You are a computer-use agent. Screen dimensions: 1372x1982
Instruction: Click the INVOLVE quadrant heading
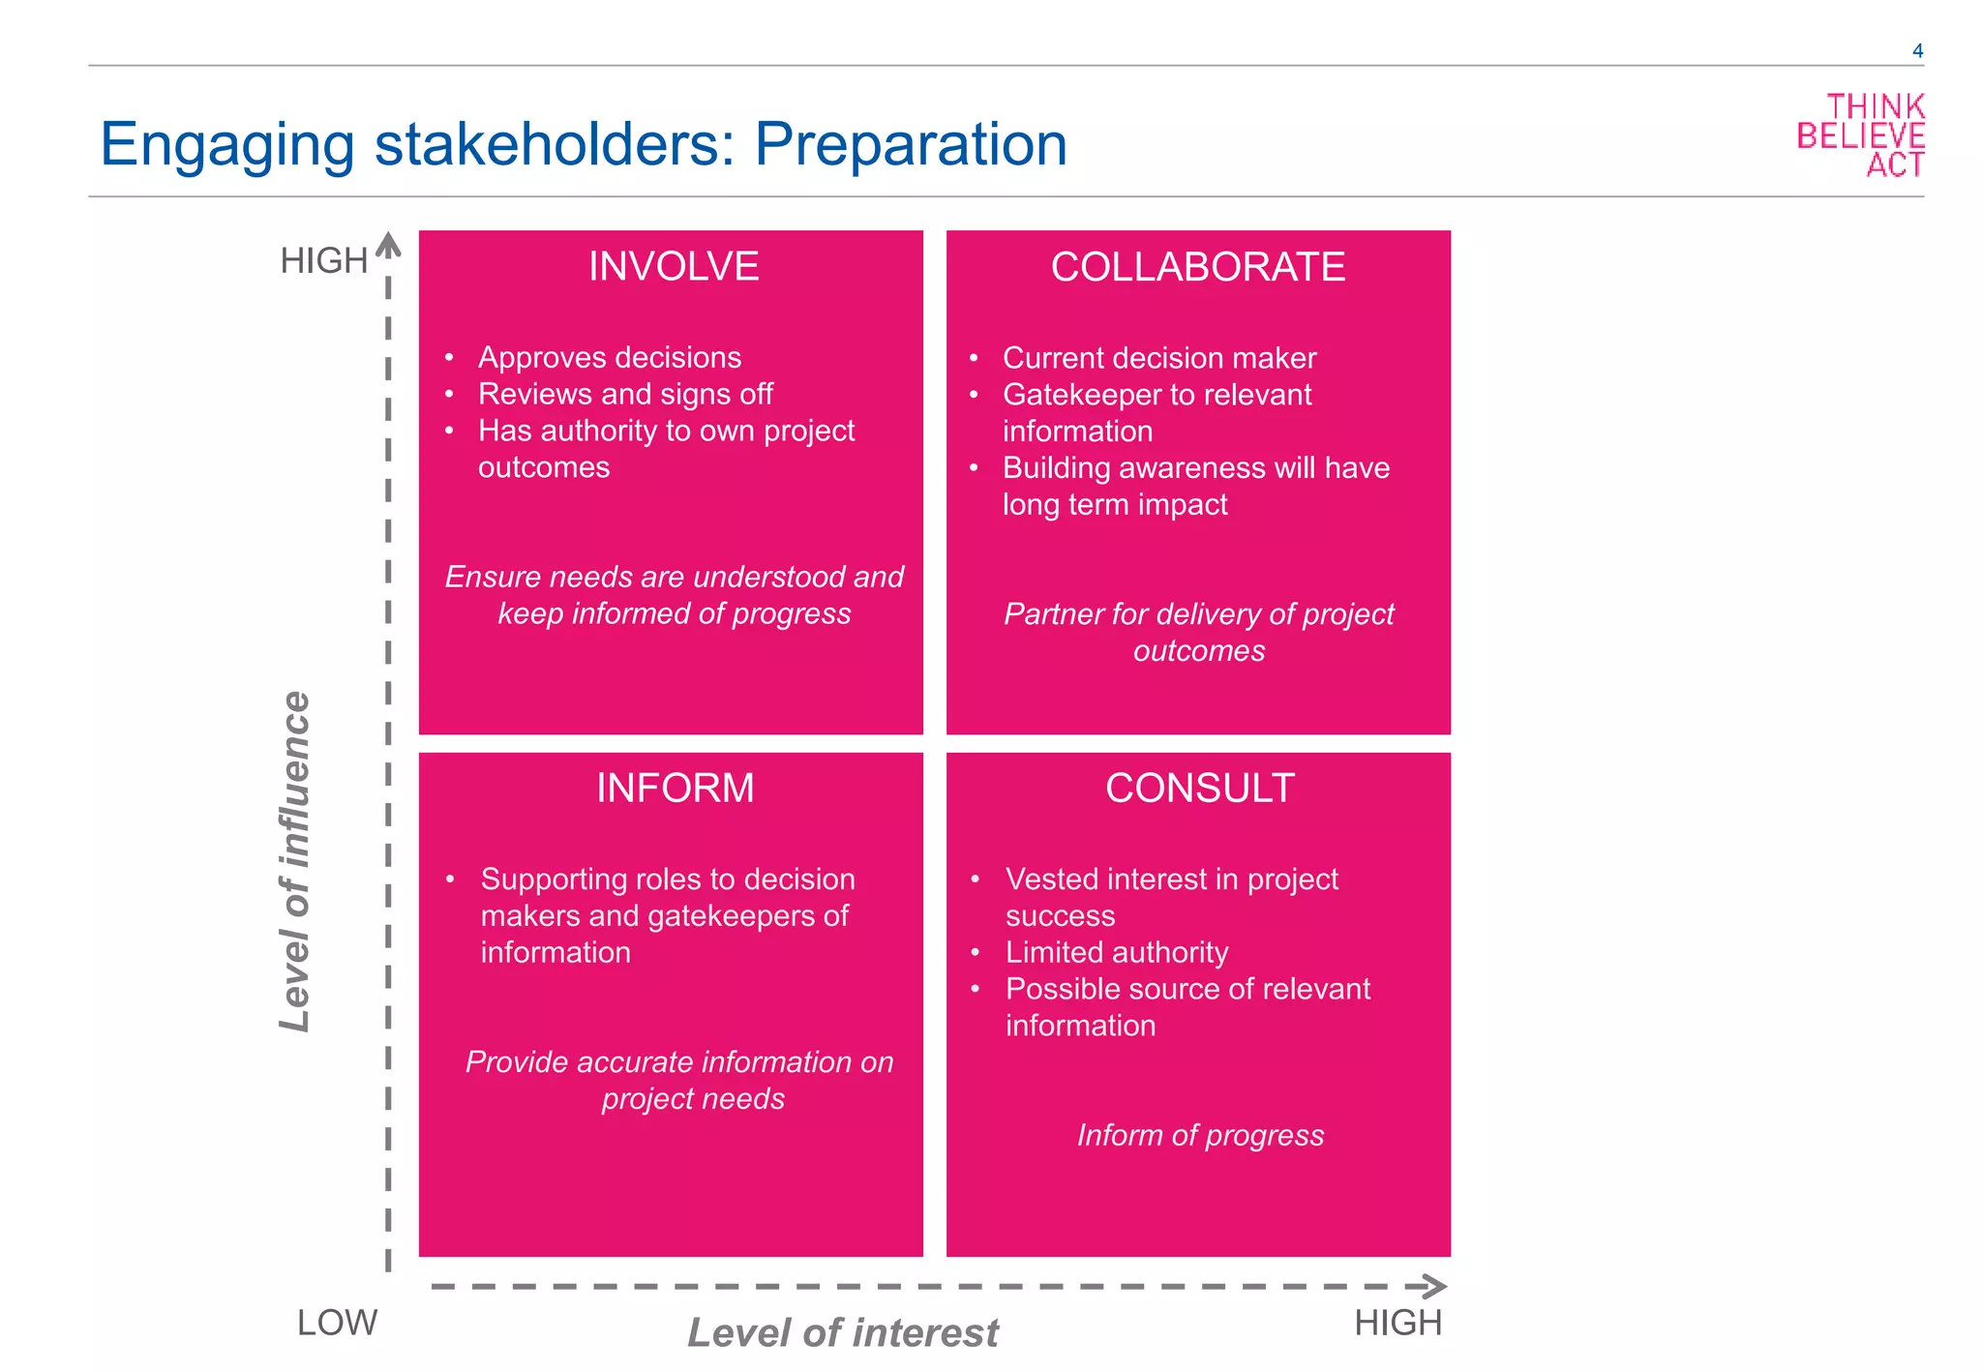(x=674, y=267)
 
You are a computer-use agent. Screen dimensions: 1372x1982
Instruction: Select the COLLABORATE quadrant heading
(x=1198, y=267)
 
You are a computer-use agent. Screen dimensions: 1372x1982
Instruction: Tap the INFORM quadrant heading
(x=675, y=789)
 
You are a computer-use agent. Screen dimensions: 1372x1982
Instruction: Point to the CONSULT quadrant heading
(x=1199, y=789)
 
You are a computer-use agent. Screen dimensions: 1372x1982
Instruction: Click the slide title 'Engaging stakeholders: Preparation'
(x=584, y=145)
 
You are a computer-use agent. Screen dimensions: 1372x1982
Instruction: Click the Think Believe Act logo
(x=1860, y=135)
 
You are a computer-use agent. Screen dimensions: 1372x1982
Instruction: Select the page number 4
(x=1917, y=51)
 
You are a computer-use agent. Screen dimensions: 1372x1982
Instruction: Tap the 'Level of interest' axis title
(x=843, y=1333)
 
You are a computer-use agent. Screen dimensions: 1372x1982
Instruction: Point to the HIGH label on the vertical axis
(x=323, y=261)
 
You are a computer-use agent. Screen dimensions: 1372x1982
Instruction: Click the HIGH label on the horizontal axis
(x=1397, y=1323)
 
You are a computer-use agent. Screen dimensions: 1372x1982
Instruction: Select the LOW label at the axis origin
(x=337, y=1323)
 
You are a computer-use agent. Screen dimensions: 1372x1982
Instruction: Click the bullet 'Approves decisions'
(x=609, y=358)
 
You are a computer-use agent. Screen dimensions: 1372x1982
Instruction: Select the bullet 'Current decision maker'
(x=1158, y=358)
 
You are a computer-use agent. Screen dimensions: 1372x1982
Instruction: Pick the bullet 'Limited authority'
(x=1116, y=953)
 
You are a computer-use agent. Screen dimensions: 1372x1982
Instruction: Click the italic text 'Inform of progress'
(x=1200, y=1135)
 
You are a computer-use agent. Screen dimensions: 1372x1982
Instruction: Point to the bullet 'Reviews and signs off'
(x=625, y=395)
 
